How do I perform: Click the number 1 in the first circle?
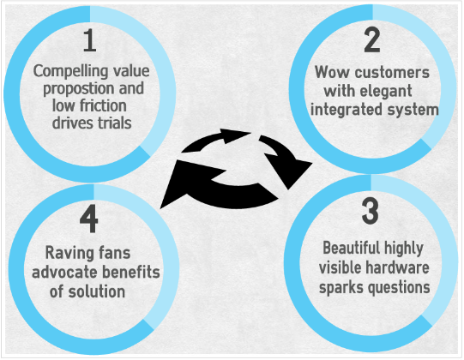(x=90, y=40)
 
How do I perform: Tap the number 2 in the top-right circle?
(x=372, y=40)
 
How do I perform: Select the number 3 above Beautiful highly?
(x=371, y=211)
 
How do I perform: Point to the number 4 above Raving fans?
(x=89, y=219)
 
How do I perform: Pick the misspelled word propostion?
(x=79, y=89)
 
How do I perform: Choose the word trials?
(x=115, y=123)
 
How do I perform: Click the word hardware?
(x=397, y=267)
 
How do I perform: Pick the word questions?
(x=401, y=287)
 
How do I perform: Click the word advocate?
(x=64, y=273)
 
